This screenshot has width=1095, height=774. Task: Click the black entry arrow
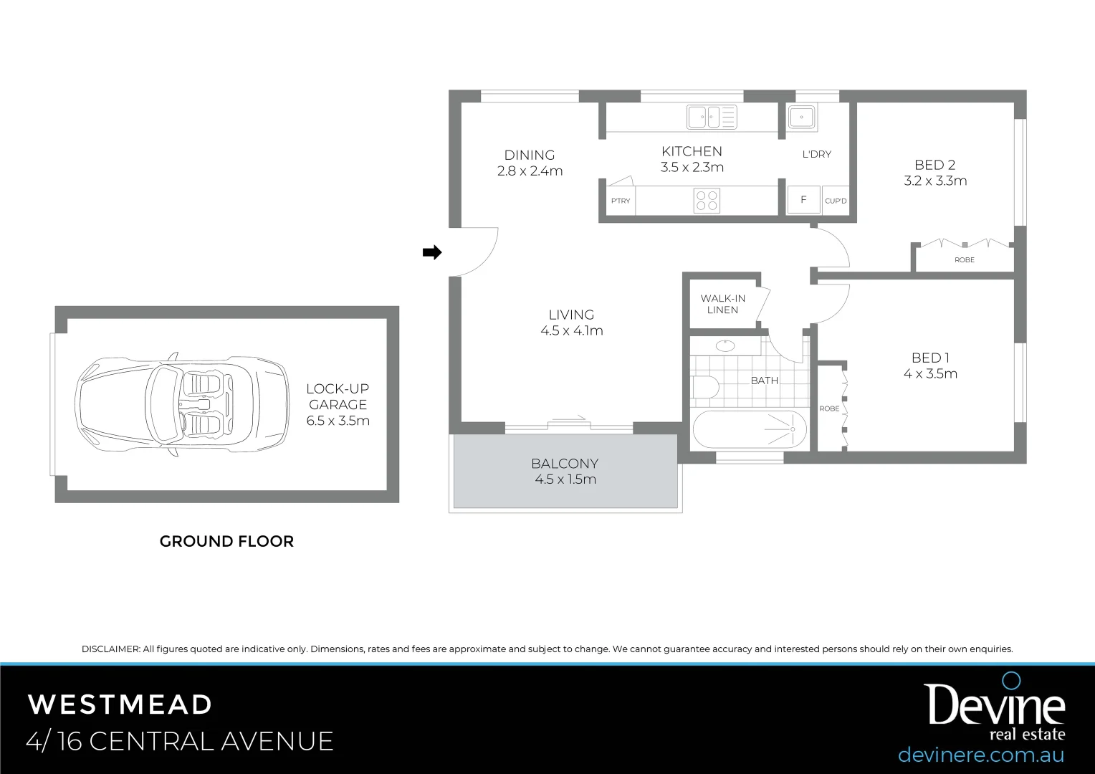(x=431, y=252)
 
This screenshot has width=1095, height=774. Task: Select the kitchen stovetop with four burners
(x=707, y=200)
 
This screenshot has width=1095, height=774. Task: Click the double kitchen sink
(x=711, y=117)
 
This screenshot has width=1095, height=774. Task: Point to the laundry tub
(x=801, y=116)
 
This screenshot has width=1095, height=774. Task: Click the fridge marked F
(x=803, y=200)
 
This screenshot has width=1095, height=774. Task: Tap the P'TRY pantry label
(x=621, y=201)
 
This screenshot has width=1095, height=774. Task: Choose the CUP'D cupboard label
(x=836, y=201)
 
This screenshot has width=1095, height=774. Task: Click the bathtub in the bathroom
(x=750, y=430)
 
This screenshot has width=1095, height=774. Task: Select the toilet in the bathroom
(x=705, y=388)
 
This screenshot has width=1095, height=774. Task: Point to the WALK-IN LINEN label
(x=722, y=304)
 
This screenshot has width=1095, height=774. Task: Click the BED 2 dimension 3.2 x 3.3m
(x=935, y=181)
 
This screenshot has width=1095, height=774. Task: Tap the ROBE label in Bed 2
(x=964, y=260)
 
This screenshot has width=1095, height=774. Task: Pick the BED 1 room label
(x=930, y=358)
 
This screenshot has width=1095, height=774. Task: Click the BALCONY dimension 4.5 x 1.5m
(x=565, y=479)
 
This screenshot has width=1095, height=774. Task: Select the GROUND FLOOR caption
(x=226, y=542)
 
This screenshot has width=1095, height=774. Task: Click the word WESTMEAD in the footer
(x=120, y=704)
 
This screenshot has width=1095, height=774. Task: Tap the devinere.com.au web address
(x=980, y=755)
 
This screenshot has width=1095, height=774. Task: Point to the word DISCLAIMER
(x=110, y=649)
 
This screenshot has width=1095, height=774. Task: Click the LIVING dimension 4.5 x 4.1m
(x=572, y=331)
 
